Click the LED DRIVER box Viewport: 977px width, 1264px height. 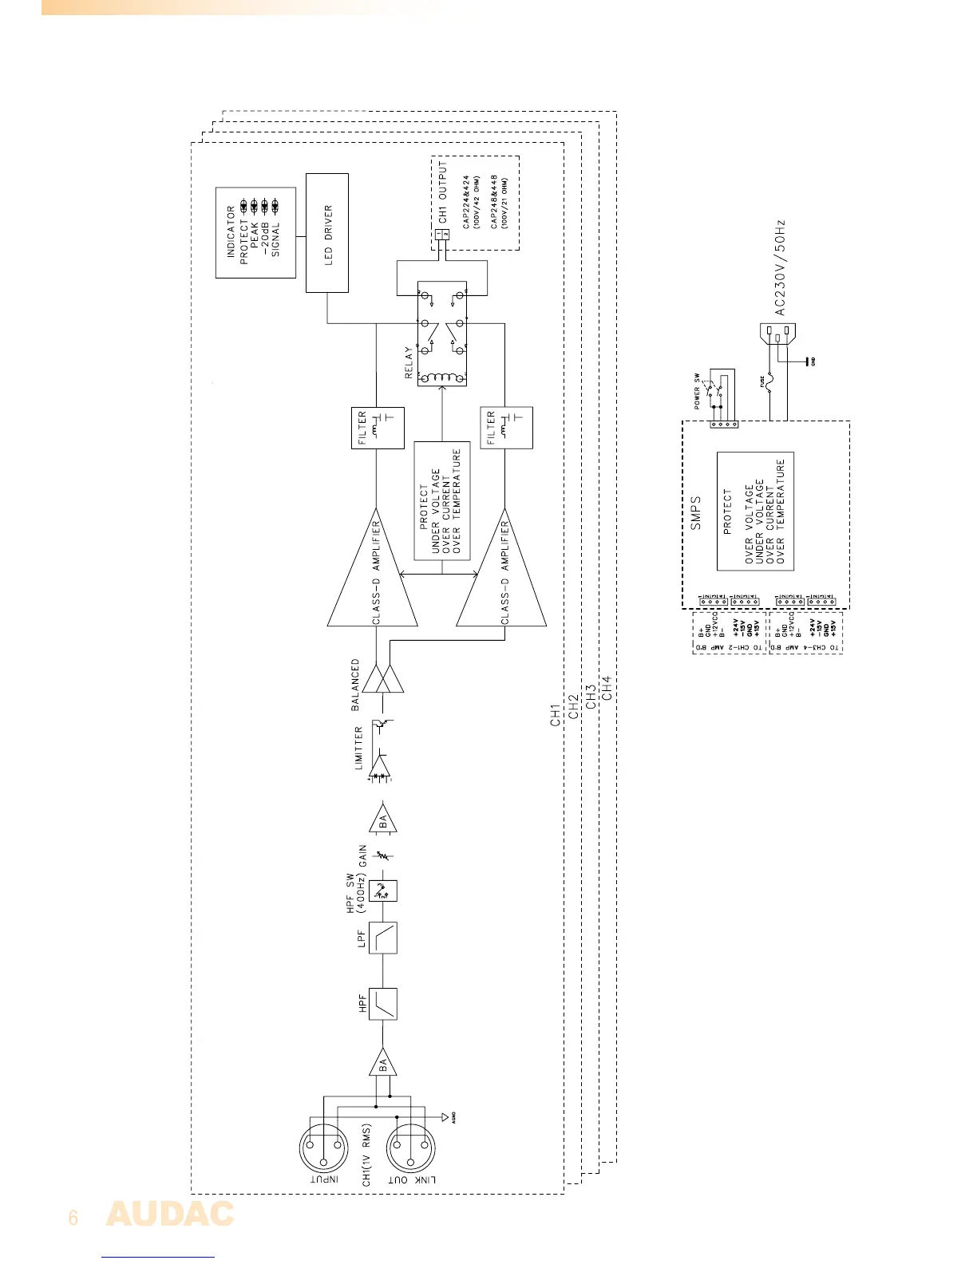pos(327,233)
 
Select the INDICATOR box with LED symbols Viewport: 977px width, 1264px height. pos(255,232)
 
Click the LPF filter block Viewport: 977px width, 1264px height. pos(384,937)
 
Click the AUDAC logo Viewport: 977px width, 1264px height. pos(170,1214)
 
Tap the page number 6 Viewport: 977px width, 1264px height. pos(73,1218)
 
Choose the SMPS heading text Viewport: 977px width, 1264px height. pos(695,512)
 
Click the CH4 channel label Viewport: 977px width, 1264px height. pos(607,688)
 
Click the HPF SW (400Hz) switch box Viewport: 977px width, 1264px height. pos(384,890)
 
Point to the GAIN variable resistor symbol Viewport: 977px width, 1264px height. pos(384,855)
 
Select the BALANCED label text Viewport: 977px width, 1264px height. pos(355,684)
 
